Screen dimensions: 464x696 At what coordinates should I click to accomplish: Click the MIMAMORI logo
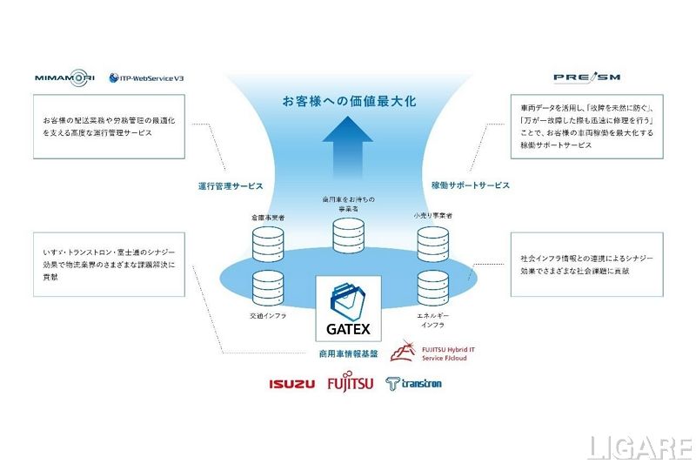(x=65, y=77)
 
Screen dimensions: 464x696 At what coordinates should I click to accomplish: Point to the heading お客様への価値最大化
(x=348, y=101)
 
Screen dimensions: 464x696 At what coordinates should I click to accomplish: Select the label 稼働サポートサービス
(x=471, y=185)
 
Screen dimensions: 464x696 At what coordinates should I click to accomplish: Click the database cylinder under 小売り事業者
(x=431, y=243)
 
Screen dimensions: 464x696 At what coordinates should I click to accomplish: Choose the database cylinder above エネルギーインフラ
(x=431, y=288)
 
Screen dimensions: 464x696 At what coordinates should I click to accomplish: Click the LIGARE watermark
(x=639, y=448)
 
